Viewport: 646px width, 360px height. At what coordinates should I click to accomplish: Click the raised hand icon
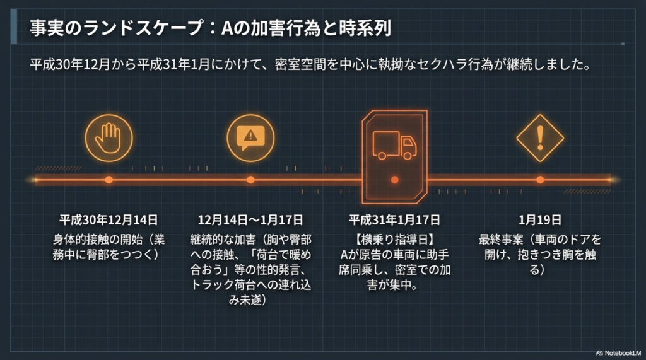coord(109,138)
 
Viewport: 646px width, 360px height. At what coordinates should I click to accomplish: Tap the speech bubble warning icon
coord(250,138)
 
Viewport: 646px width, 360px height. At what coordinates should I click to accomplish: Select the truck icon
coord(394,146)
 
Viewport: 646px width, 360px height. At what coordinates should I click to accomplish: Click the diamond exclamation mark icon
coord(540,139)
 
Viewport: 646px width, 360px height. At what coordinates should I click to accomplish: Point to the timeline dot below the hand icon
coord(109,180)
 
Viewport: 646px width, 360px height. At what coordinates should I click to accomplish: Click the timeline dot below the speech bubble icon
coord(250,180)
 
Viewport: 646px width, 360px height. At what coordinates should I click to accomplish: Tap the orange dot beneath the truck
coord(394,180)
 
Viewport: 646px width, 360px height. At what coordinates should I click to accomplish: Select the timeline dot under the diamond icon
coord(540,180)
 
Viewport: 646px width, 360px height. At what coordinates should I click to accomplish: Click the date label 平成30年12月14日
coord(109,220)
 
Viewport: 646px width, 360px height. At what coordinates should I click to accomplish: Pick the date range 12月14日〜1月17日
coord(250,220)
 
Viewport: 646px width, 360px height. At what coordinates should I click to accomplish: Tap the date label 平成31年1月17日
coord(394,220)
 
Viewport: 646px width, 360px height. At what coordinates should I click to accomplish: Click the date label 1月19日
coord(540,220)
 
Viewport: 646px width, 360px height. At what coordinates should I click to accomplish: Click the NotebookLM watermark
coord(618,353)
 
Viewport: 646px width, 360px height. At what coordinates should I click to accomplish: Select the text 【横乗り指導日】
coord(394,240)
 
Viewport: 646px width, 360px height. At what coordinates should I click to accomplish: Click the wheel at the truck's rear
coord(382,156)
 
